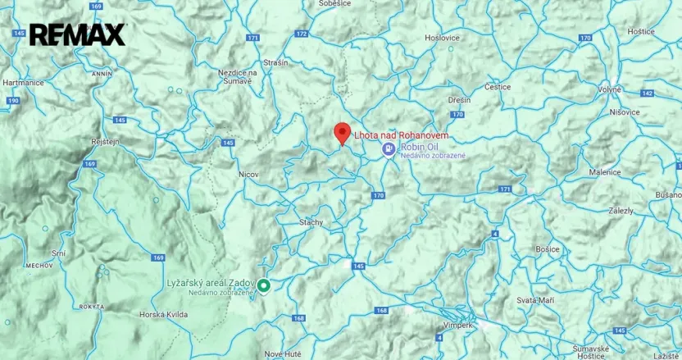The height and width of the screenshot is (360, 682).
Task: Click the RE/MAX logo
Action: (78, 34)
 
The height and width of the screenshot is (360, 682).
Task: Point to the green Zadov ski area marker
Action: (264, 285)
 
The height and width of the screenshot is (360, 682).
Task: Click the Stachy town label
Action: (311, 222)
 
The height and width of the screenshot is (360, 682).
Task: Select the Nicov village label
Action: (248, 175)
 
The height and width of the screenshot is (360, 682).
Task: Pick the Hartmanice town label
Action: (23, 83)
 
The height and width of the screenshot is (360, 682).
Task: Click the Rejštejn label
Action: (105, 141)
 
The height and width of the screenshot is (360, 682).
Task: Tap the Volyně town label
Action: (609, 89)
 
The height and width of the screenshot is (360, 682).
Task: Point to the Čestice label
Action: (498, 87)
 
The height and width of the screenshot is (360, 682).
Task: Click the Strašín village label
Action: (275, 62)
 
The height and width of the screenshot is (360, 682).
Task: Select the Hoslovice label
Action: (442, 38)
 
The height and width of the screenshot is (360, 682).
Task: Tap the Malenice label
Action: (605, 173)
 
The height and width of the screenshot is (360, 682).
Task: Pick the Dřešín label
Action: (458, 99)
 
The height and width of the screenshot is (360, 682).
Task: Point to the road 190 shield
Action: (11, 100)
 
